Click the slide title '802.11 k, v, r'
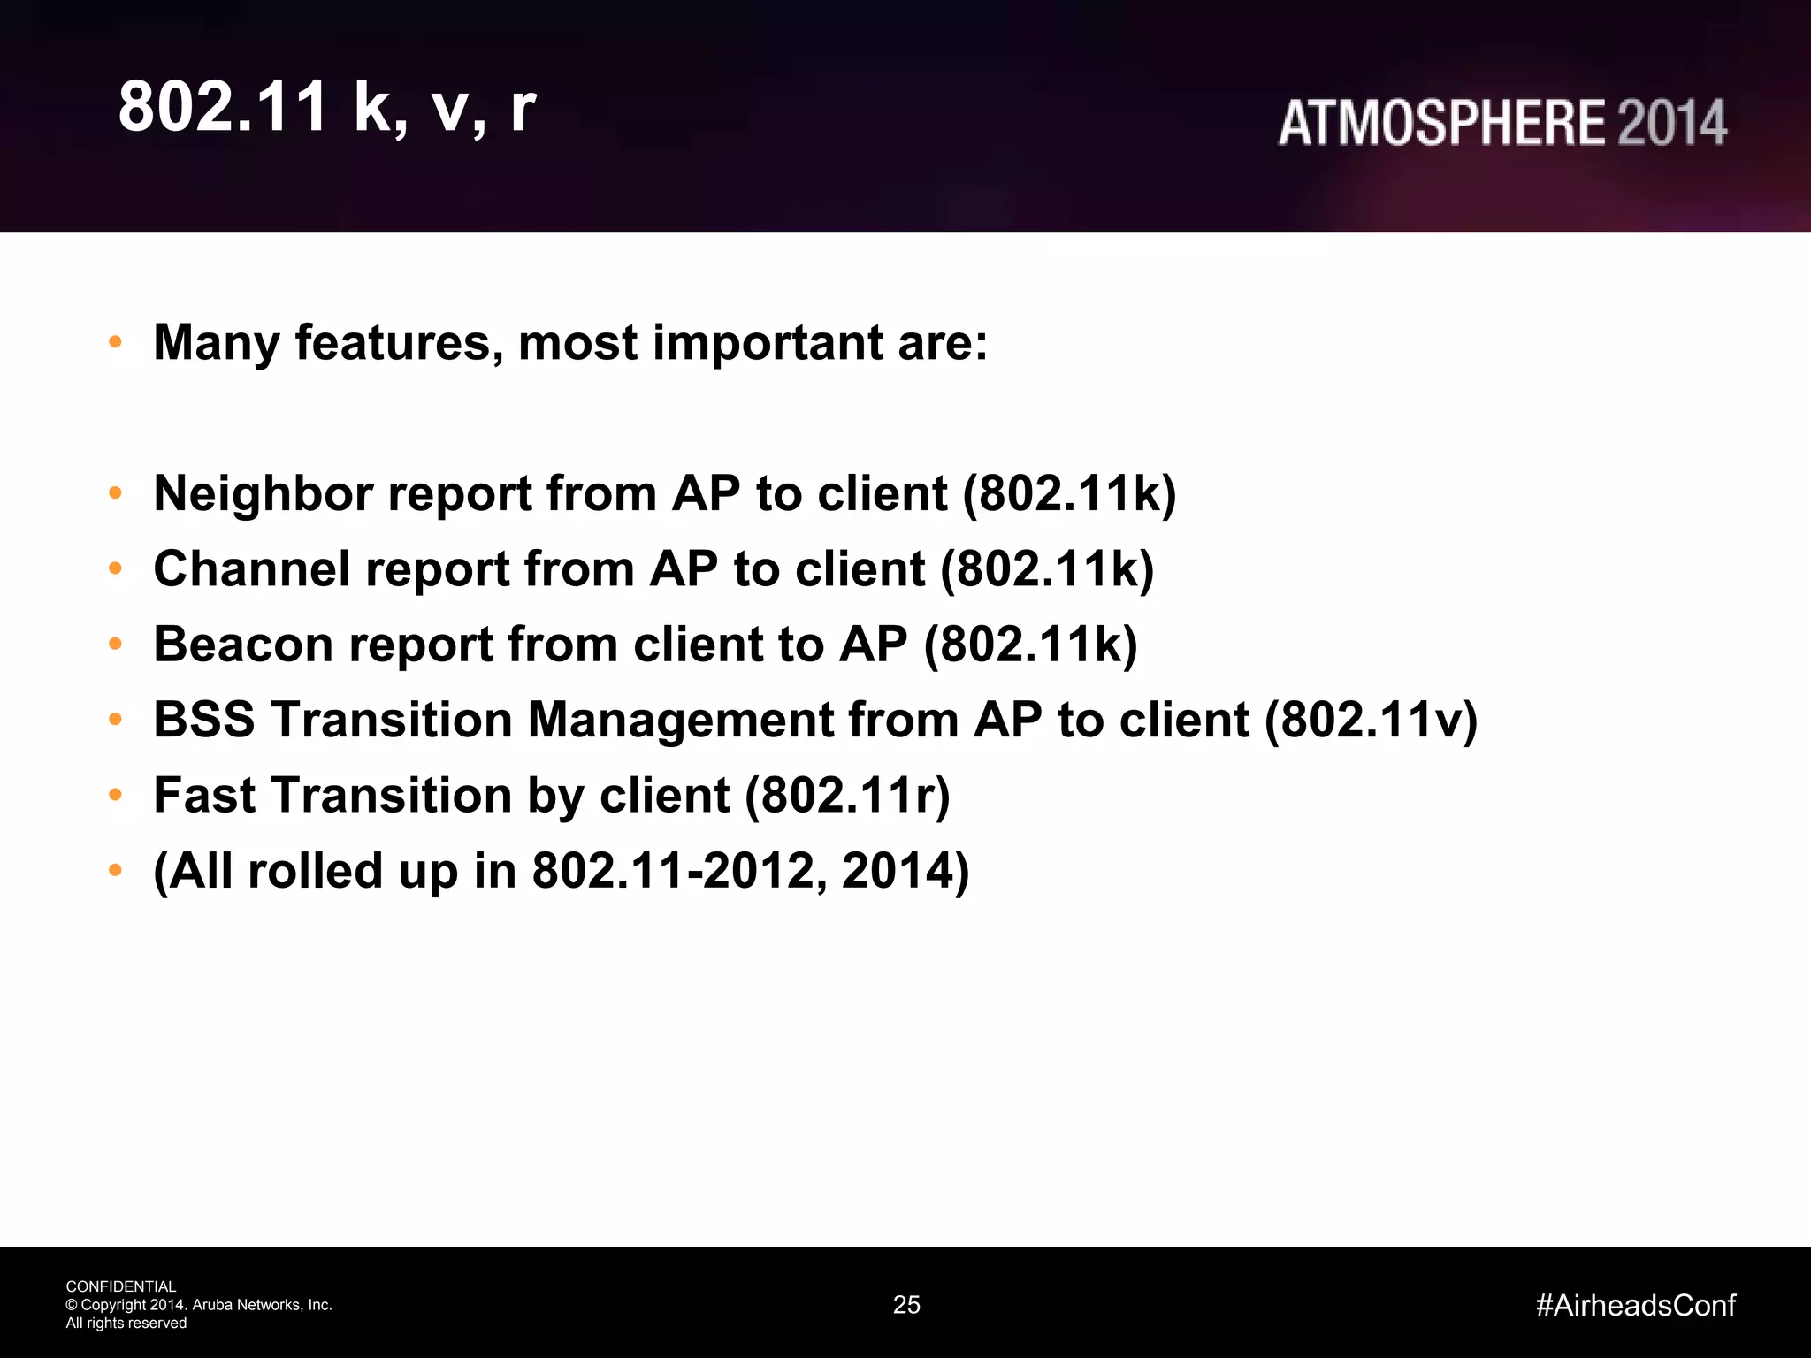click(x=327, y=107)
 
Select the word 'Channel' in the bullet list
click(x=252, y=568)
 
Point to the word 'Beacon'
click(x=243, y=644)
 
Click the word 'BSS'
click(x=204, y=719)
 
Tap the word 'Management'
click(x=680, y=721)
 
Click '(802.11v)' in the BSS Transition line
click(x=1371, y=720)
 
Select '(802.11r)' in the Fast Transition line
click(x=847, y=796)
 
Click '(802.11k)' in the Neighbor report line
click(x=1069, y=493)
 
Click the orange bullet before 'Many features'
click(x=115, y=342)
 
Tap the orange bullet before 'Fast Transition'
click(x=115, y=795)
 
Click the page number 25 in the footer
click(x=906, y=1305)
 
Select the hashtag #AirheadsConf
click(x=1635, y=1305)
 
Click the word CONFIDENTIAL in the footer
click(x=121, y=1286)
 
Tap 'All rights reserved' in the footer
click(x=126, y=1324)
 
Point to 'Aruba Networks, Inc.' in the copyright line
click(x=262, y=1305)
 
